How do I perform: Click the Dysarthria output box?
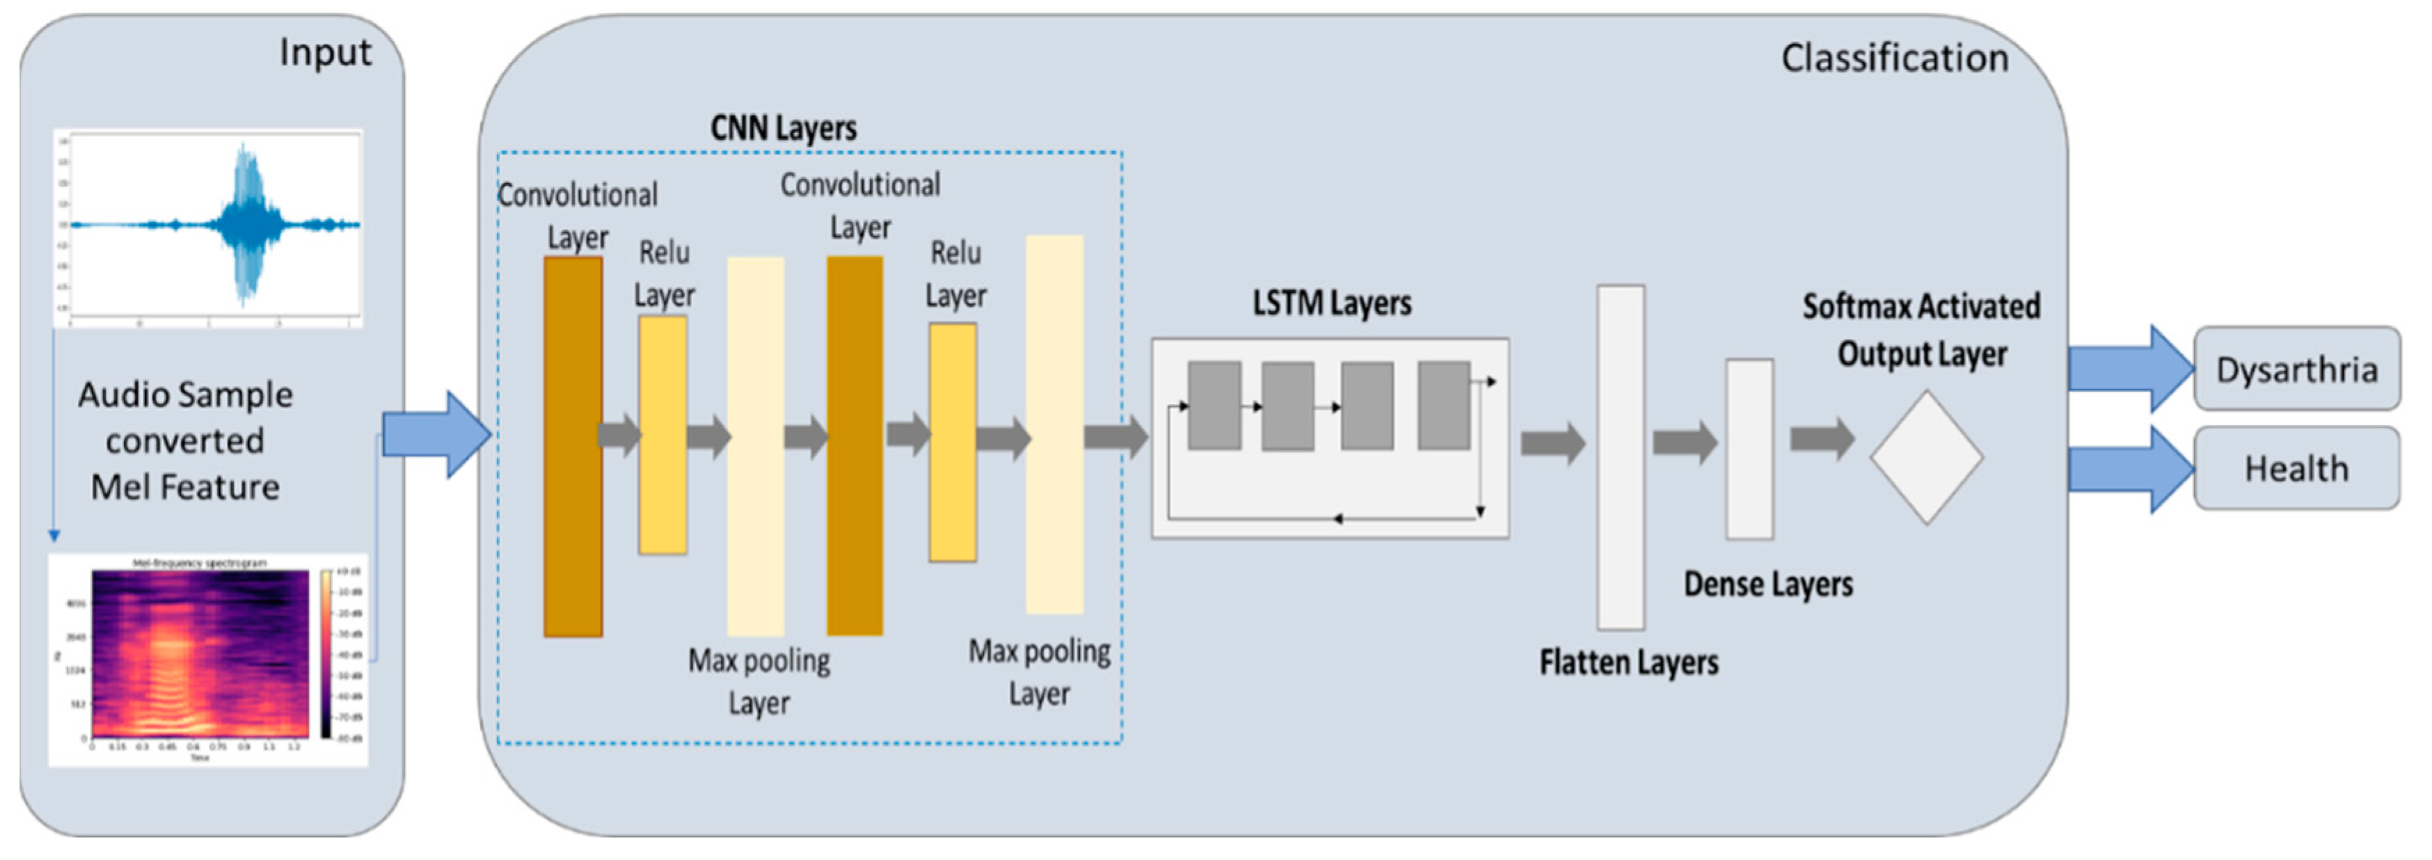pos(2296,368)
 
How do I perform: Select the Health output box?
pos(2296,468)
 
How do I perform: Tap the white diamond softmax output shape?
pos(1926,457)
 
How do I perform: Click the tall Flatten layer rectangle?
pos(1620,457)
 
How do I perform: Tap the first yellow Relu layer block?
pos(662,434)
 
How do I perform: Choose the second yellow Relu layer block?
pos(953,442)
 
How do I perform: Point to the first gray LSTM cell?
pos(1214,405)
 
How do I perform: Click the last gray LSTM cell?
pos(1443,405)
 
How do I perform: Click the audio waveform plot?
pos(207,228)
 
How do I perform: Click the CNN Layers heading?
pos(783,127)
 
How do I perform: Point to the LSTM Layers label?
pos(1331,303)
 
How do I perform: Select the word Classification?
pos(1894,58)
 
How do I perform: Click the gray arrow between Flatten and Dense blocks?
pos(1683,442)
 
